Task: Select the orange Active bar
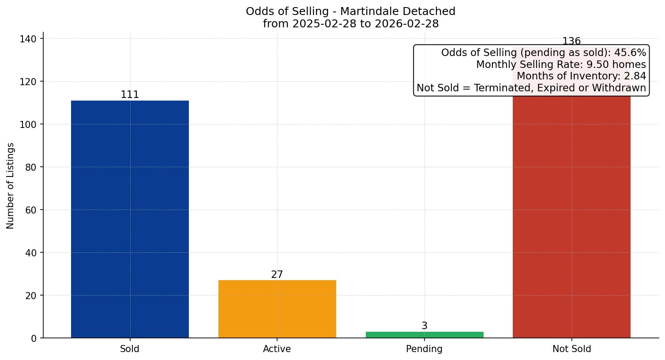coord(277,309)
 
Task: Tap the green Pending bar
coord(425,335)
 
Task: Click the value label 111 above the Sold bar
coord(130,95)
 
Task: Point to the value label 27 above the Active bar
coord(277,275)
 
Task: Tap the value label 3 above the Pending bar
coord(425,326)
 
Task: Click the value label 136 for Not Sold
coord(571,41)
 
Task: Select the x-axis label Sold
coord(130,349)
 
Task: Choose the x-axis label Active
coord(277,349)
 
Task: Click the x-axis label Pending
coord(425,349)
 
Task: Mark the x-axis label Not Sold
coord(571,349)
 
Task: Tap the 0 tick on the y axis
coord(34,338)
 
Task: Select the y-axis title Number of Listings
coord(11,186)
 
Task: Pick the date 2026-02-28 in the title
coord(407,24)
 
